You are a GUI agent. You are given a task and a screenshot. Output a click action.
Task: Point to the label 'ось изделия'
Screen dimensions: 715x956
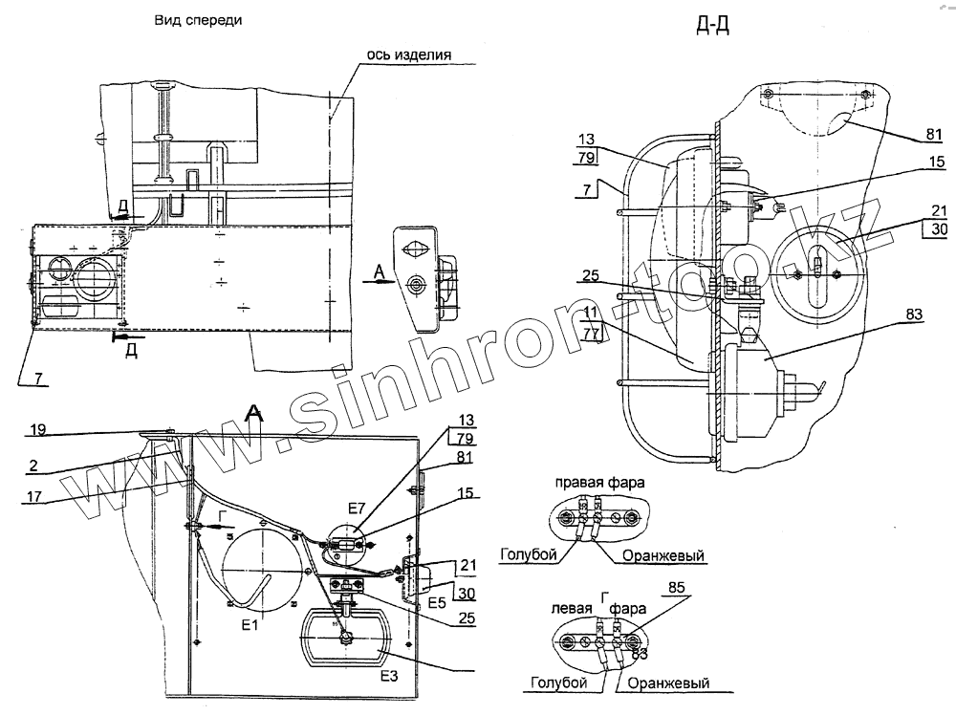pos(408,54)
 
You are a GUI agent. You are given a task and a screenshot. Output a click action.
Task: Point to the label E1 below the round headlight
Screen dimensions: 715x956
pos(251,627)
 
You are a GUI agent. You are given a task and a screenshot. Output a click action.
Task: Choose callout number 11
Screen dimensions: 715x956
pos(591,314)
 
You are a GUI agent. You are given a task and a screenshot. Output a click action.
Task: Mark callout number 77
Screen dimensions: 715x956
pos(591,335)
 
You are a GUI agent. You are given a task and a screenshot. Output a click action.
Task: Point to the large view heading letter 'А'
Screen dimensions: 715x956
pos(254,413)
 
